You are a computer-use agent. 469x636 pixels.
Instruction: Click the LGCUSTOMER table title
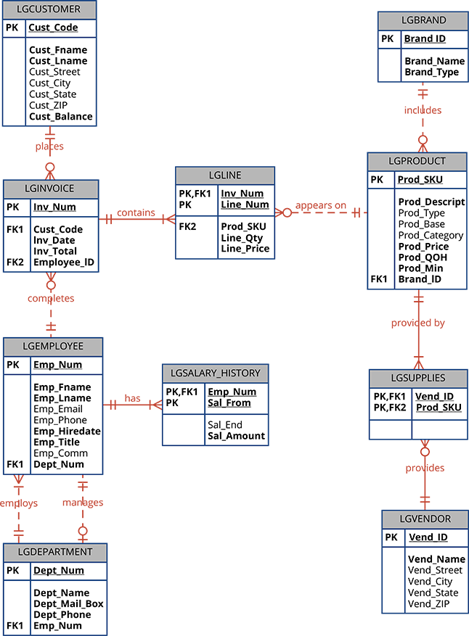click(x=49, y=10)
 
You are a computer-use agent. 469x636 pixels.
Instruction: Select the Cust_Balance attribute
click(x=61, y=117)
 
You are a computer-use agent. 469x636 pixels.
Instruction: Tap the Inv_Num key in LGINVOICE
click(x=54, y=207)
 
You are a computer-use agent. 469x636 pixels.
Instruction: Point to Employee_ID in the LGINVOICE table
click(x=64, y=263)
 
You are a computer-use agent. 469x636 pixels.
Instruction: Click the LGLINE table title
click(x=225, y=175)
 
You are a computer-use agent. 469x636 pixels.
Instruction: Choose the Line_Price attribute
click(x=245, y=249)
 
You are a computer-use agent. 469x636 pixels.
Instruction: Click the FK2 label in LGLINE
click(x=188, y=226)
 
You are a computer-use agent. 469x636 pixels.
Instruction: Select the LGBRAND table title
click(x=424, y=20)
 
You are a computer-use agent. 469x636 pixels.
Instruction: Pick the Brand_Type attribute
click(x=431, y=73)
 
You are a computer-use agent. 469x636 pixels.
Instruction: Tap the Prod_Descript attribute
click(x=431, y=202)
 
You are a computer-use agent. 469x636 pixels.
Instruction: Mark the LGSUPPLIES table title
click(x=417, y=379)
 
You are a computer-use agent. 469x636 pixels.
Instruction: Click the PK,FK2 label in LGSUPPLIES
click(x=391, y=408)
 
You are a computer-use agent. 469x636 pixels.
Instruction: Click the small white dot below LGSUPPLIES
click(x=425, y=452)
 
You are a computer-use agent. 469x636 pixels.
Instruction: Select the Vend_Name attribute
click(x=436, y=559)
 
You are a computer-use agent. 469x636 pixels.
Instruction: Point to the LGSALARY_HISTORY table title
click(x=215, y=373)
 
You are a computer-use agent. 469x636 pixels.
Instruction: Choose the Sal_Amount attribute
click(x=236, y=437)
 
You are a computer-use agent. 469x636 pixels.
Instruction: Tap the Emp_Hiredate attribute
click(x=67, y=431)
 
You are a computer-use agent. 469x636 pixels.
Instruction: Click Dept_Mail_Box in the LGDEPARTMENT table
click(x=68, y=604)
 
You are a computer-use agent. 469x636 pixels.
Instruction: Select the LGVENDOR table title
click(x=425, y=519)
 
